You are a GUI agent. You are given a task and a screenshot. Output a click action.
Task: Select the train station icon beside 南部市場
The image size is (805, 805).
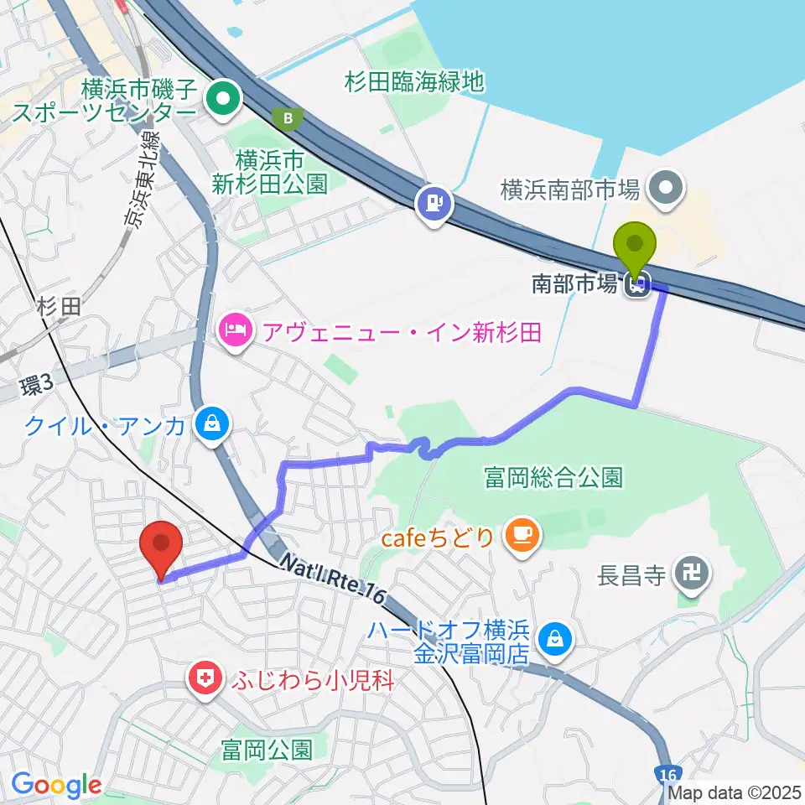(x=636, y=287)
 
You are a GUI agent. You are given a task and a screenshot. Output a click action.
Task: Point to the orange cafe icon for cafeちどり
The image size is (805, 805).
(x=523, y=535)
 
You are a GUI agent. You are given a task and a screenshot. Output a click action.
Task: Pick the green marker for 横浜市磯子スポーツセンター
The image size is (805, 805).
(x=222, y=101)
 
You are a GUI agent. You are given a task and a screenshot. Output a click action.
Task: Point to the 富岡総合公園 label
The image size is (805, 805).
(x=553, y=478)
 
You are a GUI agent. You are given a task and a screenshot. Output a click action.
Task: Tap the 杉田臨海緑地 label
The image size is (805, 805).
(x=415, y=81)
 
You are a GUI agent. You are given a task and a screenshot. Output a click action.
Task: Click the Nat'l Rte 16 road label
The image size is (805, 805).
(x=333, y=579)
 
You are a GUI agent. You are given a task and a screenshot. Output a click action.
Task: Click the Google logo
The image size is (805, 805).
(x=56, y=785)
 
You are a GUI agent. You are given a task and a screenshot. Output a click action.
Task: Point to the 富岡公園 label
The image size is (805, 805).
(x=267, y=748)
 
